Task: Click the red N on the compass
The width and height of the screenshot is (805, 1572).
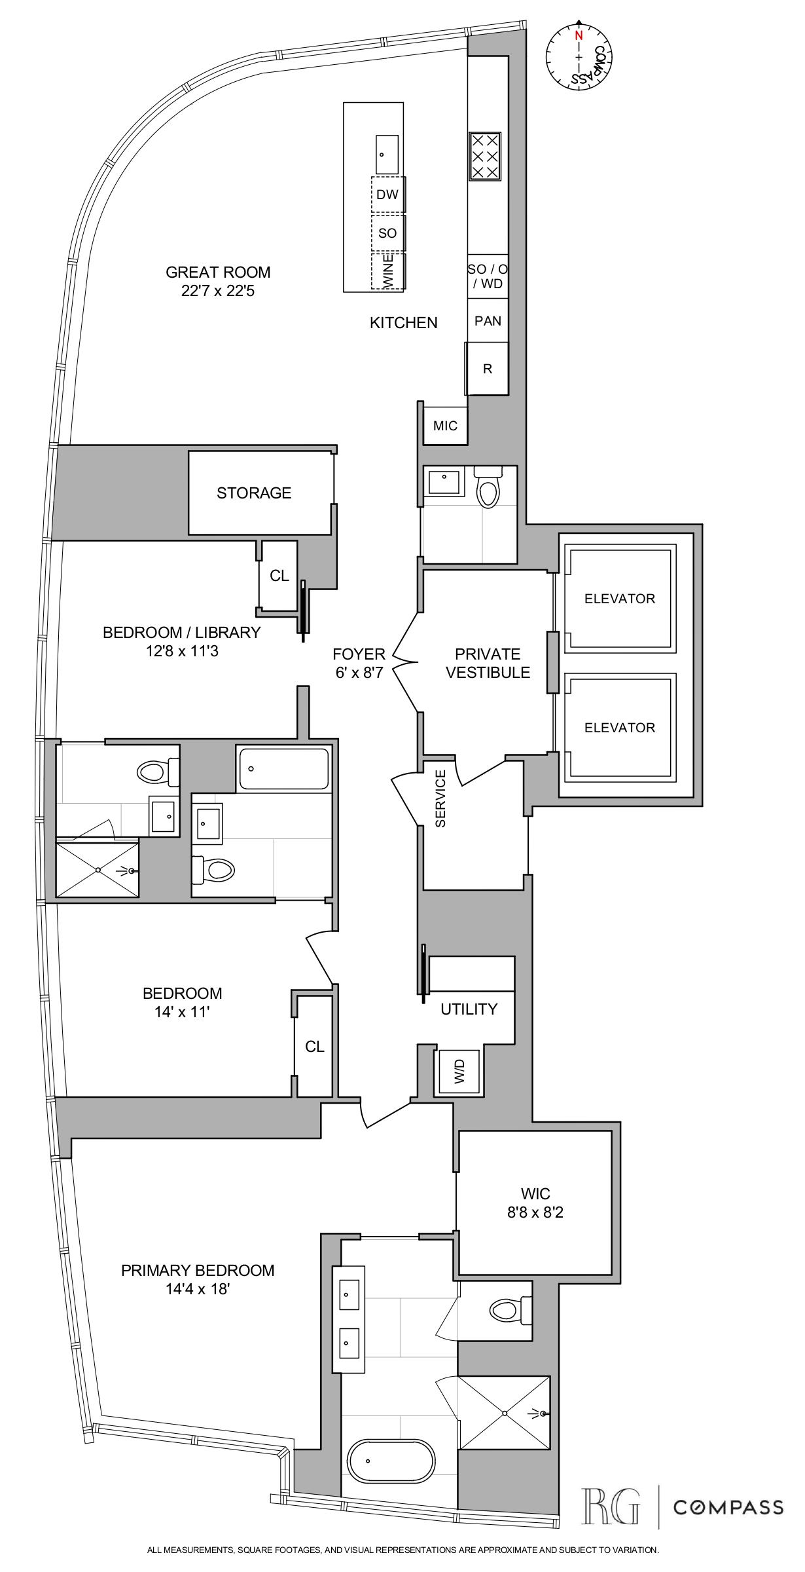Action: click(x=578, y=37)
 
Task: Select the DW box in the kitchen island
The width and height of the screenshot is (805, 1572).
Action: click(x=387, y=195)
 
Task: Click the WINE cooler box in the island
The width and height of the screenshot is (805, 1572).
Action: click(x=387, y=271)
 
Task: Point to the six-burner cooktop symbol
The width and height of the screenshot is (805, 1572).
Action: click(x=485, y=156)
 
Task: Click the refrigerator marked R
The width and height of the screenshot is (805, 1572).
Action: click(x=487, y=369)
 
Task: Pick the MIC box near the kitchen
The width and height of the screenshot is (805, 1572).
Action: click(x=445, y=426)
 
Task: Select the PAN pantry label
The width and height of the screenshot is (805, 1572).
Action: click(x=488, y=321)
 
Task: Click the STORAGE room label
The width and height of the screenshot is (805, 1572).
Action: click(x=254, y=493)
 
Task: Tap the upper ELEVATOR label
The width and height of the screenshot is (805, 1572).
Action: click(x=619, y=598)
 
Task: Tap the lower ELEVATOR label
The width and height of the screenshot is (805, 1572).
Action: click(x=619, y=727)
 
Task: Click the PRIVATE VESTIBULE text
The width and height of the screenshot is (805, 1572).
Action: click(x=488, y=663)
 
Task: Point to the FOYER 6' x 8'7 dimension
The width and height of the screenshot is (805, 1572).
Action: click(x=359, y=672)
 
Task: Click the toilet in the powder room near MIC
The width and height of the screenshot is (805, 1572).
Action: click(x=488, y=489)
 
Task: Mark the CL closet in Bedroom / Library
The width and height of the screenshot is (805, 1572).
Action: click(x=279, y=576)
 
